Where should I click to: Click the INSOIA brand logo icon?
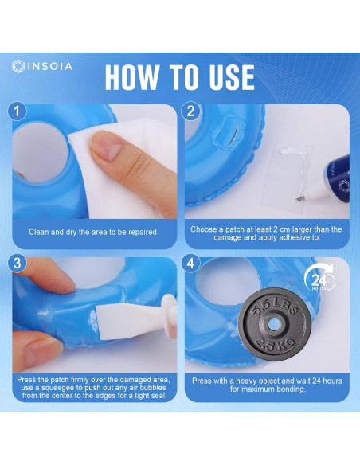click(18, 66)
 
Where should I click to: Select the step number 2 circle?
click(191, 111)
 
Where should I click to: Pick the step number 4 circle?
click(191, 264)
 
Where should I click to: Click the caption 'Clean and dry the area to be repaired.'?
click(93, 232)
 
